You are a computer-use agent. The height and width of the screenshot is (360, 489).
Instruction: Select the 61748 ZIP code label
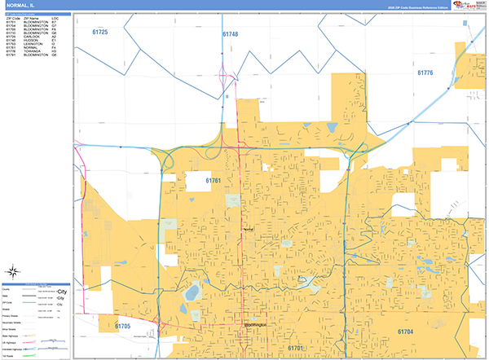coord(229,34)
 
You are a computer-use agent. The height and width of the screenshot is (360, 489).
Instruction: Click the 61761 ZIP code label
coord(213,180)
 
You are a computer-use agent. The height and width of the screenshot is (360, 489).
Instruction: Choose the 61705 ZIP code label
coord(122,327)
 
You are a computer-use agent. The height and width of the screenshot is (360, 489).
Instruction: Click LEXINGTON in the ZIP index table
coord(33,44)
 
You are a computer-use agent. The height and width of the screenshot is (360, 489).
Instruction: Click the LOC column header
coord(54,18)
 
